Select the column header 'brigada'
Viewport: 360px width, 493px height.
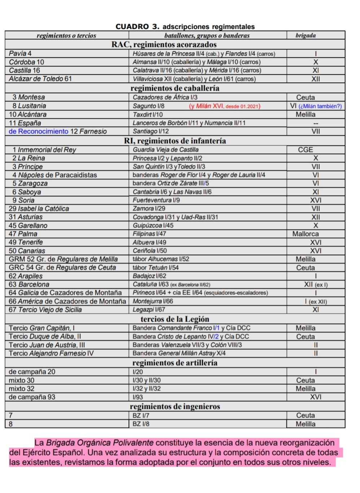click(x=306, y=35)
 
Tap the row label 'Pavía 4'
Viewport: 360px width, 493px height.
click(x=20, y=54)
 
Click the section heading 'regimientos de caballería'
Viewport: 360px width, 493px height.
click(x=175, y=88)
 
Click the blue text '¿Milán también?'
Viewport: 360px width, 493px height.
click(x=320, y=106)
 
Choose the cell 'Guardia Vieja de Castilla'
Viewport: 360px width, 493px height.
click(x=166, y=150)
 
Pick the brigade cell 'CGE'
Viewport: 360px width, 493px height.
click(x=305, y=150)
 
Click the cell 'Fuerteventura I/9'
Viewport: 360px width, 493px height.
click(x=156, y=200)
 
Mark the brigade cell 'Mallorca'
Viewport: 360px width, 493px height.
click(x=305, y=234)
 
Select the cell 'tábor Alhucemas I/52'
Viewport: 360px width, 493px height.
click(x=161, y=259)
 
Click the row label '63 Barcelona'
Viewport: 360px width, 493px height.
click(x=29, y=285)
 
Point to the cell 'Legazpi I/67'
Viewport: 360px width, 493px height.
click(x=149, y=310)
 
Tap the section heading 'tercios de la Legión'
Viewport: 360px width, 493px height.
click(x=175, y=319)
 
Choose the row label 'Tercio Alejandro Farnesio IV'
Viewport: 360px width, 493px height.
click(x=51, y=353)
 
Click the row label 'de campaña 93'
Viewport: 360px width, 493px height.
click(x=32, y=397)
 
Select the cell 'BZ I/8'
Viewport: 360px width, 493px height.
click(x=141, y=424)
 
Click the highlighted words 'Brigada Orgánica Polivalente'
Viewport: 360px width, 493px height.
click(x=100, y=443)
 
